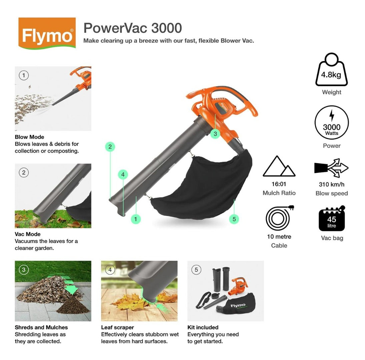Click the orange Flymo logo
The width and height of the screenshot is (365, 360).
pyautogui.click(x=47, y=33)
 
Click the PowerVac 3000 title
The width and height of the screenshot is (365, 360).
pyautogui.click(x=132, y=28)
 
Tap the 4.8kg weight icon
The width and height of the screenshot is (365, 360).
pyautogui.click(x=331, y=70)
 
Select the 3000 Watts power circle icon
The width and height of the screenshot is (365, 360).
pyautogui.click(x=331, y=122)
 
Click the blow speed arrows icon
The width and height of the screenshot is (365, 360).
pyautogui.click(x=331, y=168)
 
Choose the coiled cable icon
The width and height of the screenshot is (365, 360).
pyautogui.click(x=279, y=218)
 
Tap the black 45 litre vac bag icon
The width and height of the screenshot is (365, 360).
pyautogui.click(x=332, y=218)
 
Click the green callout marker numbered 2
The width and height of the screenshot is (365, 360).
pyautogui.click(x=110, y=147)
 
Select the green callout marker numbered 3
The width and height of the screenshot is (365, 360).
pyautogui.click(x=215, y=134)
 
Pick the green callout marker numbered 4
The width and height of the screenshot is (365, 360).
pyautogui.click(x=123, y=175)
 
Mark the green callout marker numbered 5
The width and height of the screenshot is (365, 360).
pyautogui.click(x=234, y=219)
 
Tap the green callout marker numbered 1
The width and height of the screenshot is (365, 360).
pyautogui.click(x=135, y=219)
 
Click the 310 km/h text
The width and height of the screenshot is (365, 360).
pyautogui.click(x=331, y=185)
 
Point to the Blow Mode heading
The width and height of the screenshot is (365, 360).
pyautogui.click(x=29, y=137)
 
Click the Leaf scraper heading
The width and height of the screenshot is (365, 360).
pyautogui.click(x=117, y=327)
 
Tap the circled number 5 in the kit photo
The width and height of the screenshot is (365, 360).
pyautogui.click(x=196, y=270)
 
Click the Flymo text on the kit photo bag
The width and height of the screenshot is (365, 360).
pyautogui.click(x=238, y=305)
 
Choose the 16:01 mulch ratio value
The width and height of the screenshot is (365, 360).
pyautogui.click(x=279, y=184)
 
